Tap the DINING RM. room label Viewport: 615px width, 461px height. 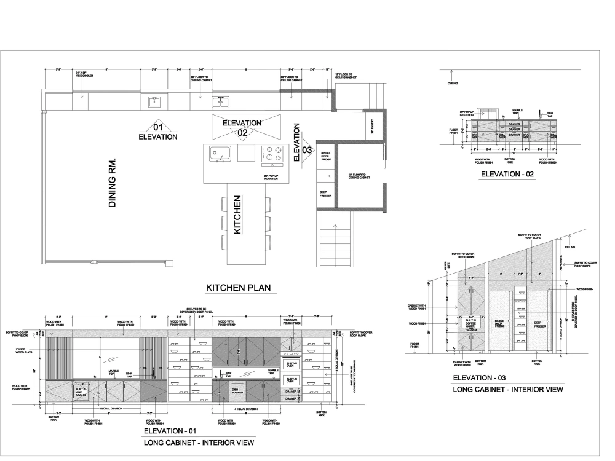click(113, 182)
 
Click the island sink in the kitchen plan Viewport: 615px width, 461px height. click(219, 153)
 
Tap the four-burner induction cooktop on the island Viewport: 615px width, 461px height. click(273, 153)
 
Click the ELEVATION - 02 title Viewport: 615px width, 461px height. click(508, 175)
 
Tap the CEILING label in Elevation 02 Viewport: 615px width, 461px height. click(452, 84)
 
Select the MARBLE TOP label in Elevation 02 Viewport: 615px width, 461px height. click(517, 112)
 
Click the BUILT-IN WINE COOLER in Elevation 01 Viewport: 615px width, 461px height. click(81, 392)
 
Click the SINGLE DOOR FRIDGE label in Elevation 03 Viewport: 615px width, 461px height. click(500, 323)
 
